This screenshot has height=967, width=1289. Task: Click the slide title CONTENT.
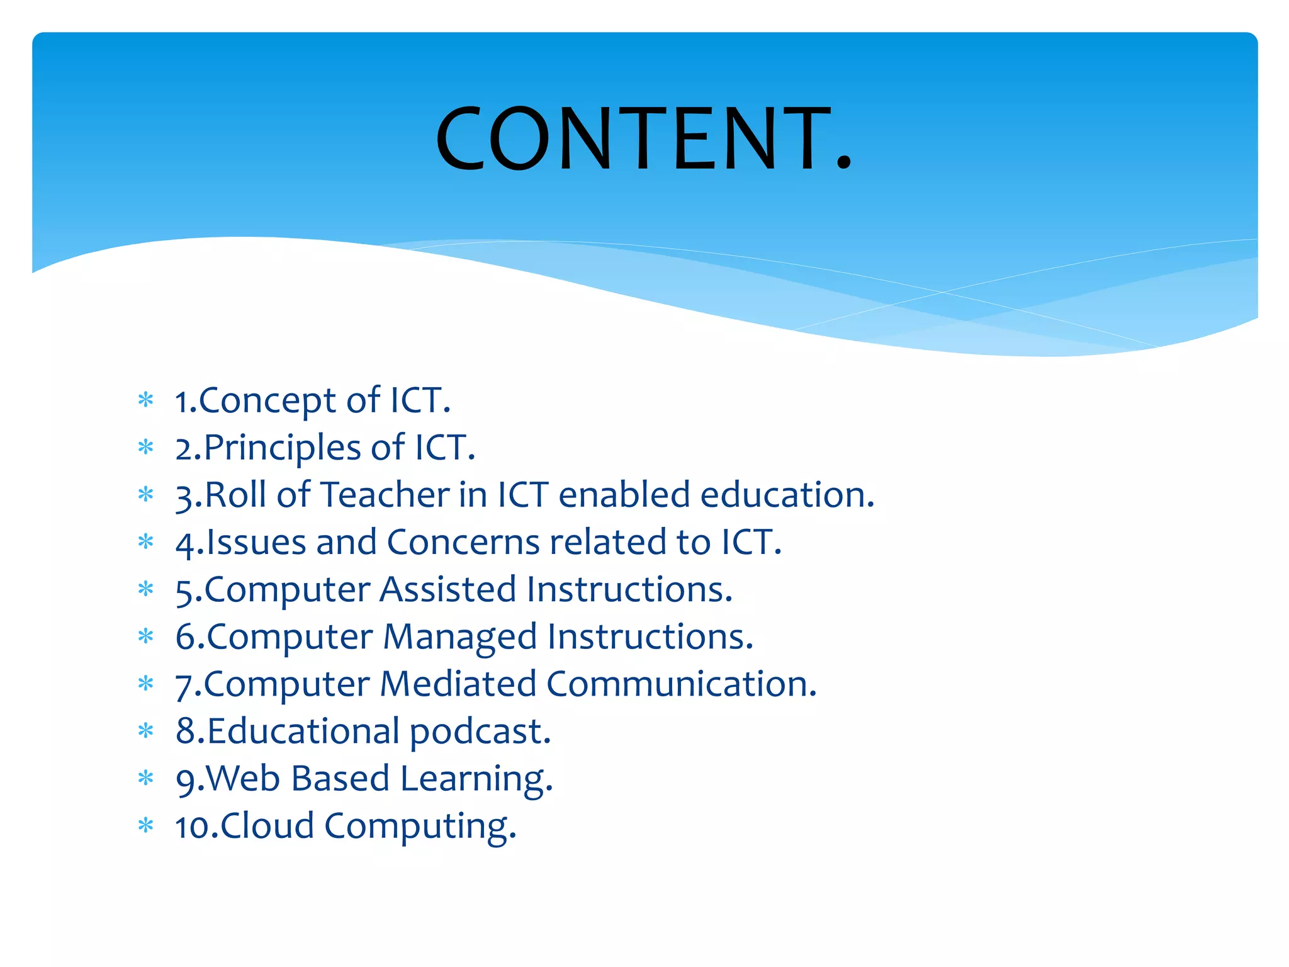click(643, 139)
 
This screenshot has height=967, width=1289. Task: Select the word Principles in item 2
click(283, 448)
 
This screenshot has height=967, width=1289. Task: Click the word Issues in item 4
click(256, 542)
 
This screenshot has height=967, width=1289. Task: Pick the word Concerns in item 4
click(463, 542)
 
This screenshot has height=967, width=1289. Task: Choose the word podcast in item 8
click(480, 732)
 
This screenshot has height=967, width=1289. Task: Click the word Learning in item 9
click(476, 779)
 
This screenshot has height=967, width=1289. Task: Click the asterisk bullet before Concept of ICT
click(146, 400)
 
